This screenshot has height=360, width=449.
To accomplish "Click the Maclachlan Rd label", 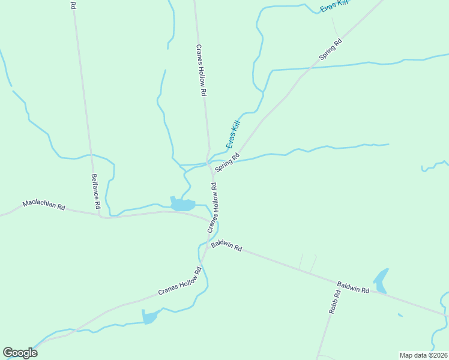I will [x=44, y=205].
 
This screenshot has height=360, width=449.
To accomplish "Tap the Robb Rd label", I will [x=334, y=302].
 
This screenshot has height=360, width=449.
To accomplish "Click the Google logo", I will [x=20, y=353].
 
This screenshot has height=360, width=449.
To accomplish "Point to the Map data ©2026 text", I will [x=423, y=355].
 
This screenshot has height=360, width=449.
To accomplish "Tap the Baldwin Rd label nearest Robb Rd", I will [x=352, y=287].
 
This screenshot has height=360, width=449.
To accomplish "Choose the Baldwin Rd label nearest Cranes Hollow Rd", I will [x=226, y=246].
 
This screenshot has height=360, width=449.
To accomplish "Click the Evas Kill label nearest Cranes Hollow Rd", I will [x=233, y=134].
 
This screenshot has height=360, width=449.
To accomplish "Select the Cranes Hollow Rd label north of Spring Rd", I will [x=202, y=71].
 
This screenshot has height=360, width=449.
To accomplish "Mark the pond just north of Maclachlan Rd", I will [x=182, y=205].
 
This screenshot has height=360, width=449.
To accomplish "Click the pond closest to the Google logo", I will [x=149, y=316].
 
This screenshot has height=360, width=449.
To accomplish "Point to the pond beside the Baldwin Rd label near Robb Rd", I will [x=381, y=277].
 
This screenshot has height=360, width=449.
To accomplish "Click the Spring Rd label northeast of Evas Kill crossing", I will [x=330, y=49].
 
